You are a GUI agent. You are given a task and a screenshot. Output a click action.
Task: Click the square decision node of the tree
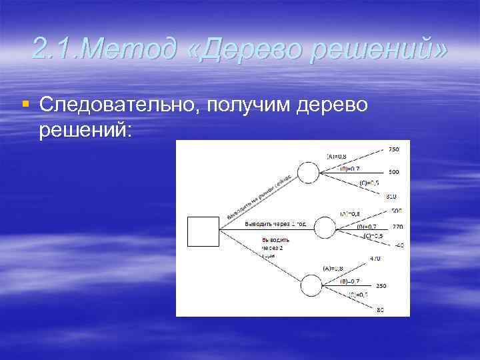coord(203,231)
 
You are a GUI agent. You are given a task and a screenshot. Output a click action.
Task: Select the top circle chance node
coord(308,173)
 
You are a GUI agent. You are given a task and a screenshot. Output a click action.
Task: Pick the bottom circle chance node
coord(311,285)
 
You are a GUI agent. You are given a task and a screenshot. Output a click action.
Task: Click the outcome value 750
coord(393,149)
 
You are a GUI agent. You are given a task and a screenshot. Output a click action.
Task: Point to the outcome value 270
coord(397,227)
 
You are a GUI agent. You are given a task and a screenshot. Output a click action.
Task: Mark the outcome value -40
coord(399,245)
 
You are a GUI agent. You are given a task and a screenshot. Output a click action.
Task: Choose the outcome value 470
coord(375,258)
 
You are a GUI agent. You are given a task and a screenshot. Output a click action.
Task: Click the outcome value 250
coord(381,285)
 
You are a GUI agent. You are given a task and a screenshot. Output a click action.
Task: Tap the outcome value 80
coord(380,309)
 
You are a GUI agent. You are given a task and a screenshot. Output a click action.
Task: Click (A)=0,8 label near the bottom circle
coord(333,268)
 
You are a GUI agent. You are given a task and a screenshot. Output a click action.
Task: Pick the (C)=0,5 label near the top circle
coord(369,183)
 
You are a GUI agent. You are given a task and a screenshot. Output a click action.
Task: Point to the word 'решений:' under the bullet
coord(86,130)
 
